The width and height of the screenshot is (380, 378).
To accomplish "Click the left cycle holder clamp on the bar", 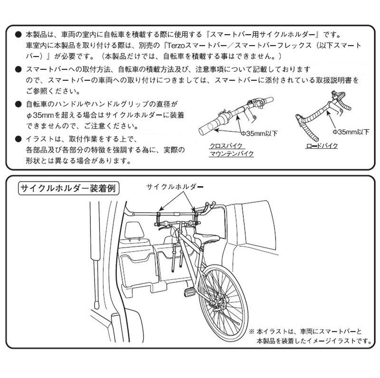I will (x=158, y=219).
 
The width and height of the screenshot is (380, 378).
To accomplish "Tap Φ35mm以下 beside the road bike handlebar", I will (x=351, y=131).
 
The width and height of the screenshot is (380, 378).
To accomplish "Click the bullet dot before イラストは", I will (x=18, y=139).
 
